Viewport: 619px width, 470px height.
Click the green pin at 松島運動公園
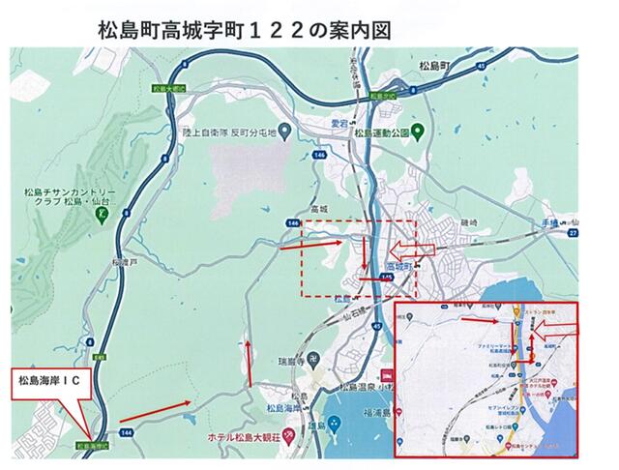417,131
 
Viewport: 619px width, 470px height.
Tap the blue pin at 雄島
333,423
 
